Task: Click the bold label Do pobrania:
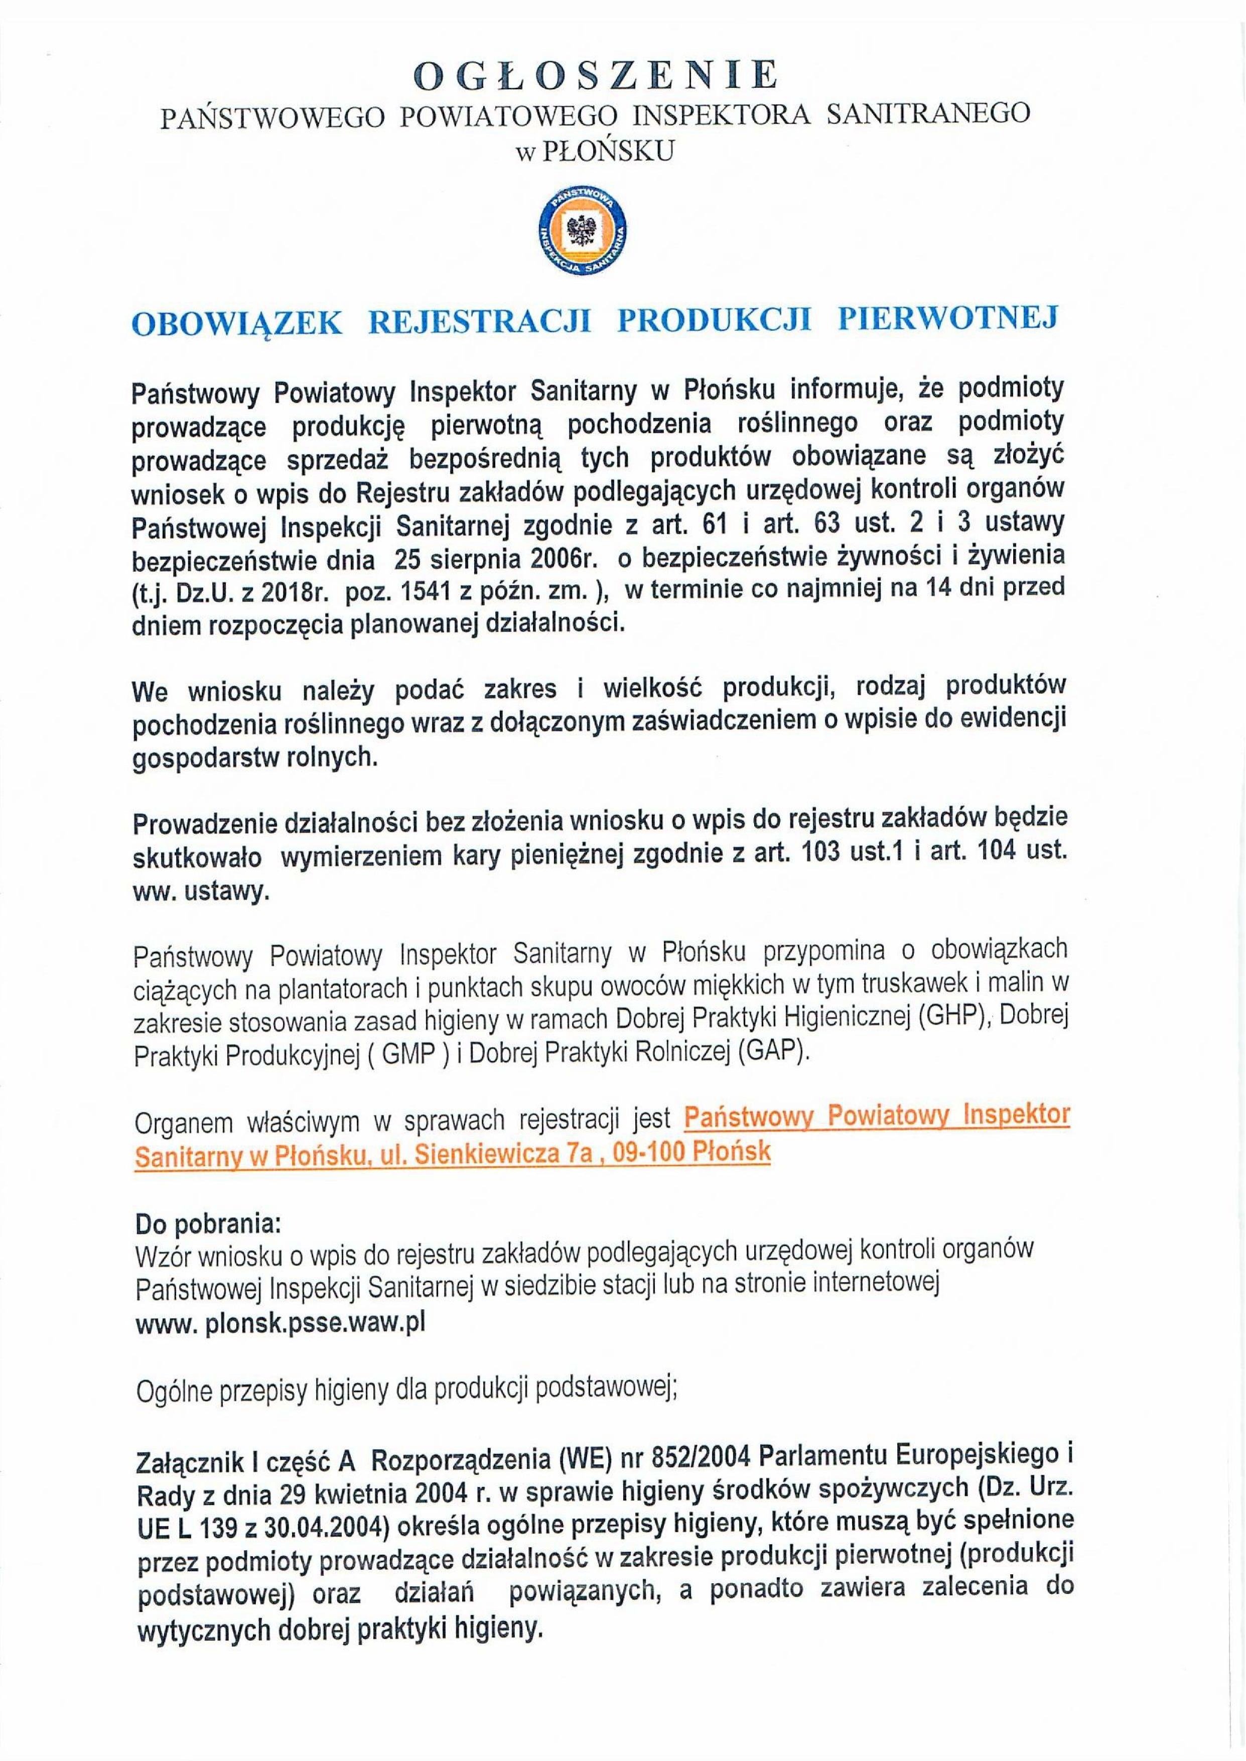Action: tap(209, 1221)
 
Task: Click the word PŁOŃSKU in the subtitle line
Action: tap(608, 151)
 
